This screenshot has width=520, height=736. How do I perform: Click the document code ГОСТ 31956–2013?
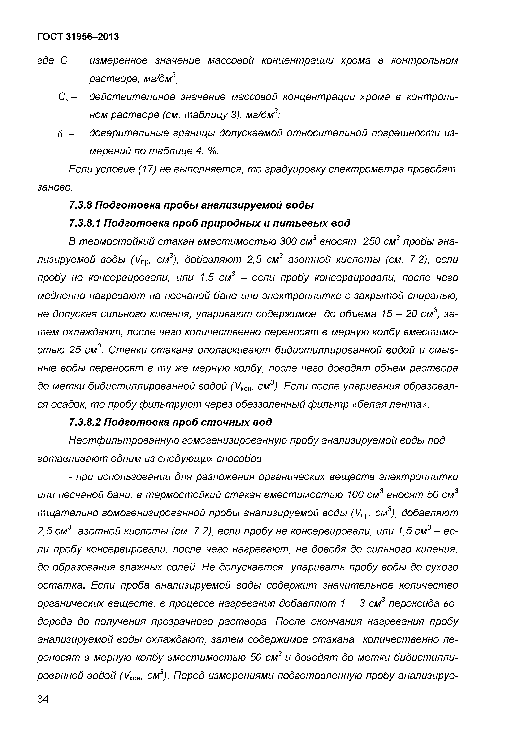click(x=78, y=37)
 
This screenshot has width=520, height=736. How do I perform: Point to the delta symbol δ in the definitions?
click(x=60, y=134)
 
